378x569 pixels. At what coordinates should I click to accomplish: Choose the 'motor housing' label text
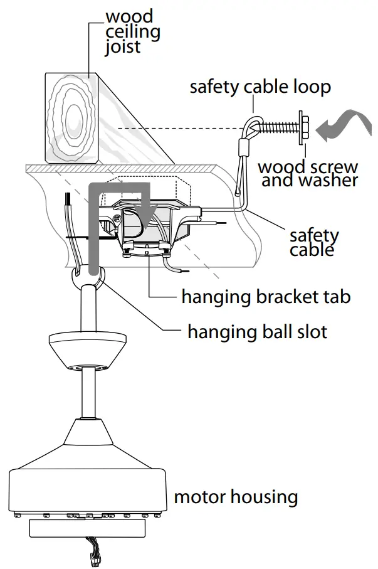[x=236, y=497]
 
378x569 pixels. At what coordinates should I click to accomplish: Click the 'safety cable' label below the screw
[x=314, y=242]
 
